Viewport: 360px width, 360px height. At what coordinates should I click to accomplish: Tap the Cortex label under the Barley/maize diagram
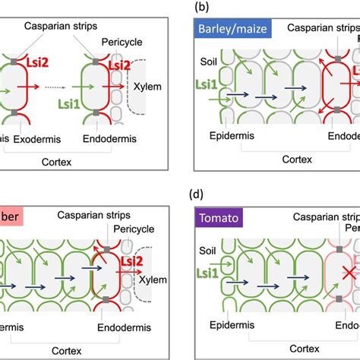tap(276, 159)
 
